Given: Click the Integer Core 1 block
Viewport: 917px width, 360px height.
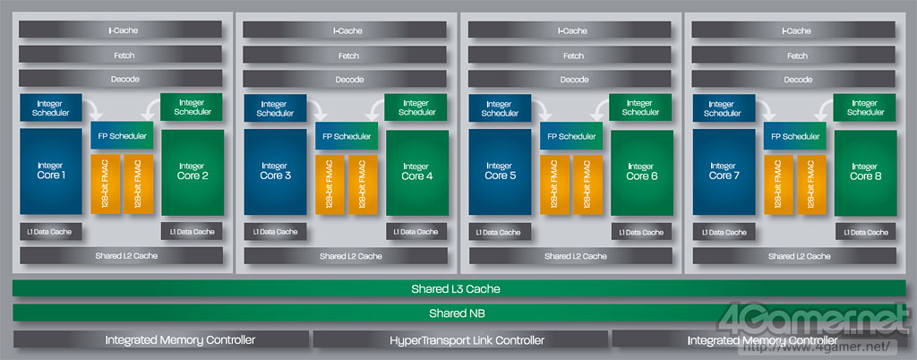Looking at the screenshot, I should (x=51, y=171).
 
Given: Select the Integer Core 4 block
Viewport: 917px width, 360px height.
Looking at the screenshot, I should (x=416, y=171).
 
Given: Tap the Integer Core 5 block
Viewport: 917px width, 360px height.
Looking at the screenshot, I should (x=500, y=171).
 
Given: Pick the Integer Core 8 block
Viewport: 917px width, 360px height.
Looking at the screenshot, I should (x=864, y=171).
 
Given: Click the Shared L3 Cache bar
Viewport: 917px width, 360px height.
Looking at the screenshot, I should (x=456, y=288).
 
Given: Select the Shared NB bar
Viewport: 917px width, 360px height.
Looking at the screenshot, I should (x=456, y=313).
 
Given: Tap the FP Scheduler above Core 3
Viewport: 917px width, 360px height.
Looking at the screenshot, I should (x=346, y=136).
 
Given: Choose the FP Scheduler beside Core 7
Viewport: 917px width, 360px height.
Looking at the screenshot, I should (x=794, y=136).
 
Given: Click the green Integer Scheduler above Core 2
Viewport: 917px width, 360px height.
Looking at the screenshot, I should (x=192, y=107).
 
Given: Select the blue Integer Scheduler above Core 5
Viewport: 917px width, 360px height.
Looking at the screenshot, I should (x=500, y=107).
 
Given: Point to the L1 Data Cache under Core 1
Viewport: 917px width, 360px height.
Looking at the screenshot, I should (x=51, y=231).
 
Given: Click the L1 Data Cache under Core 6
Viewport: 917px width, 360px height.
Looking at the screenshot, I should (x=640, y=231).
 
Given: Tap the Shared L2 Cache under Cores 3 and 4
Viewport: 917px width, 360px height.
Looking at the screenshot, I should (x=346, y=255).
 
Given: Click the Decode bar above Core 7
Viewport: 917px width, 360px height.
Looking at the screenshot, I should (x=794, y=79).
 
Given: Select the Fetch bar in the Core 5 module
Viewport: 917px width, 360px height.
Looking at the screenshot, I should (x=570, y=55).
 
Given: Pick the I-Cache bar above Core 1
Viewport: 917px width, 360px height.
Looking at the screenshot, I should (x=121, y=30).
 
